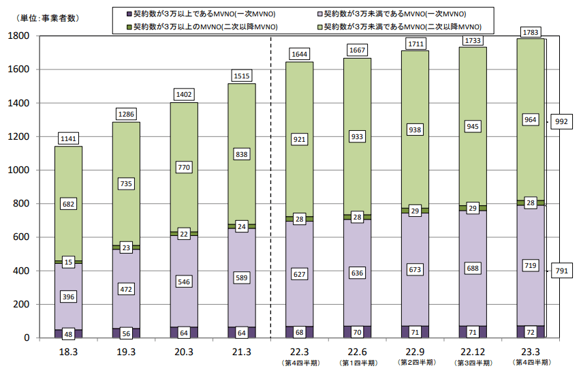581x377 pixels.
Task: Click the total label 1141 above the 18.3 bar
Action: pos(68,138)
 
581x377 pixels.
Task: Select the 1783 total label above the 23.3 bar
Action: pos(530,31)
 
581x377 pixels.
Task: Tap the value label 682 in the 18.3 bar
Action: pos(68,203)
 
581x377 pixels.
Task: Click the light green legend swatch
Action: pos(318,26)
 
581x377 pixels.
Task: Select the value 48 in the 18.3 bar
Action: pos(68,334)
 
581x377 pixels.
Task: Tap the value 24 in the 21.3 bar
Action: pos(241,226)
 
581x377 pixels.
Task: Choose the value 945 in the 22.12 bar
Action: pos(473,126)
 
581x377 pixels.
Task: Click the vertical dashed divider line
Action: pos(271,205)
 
